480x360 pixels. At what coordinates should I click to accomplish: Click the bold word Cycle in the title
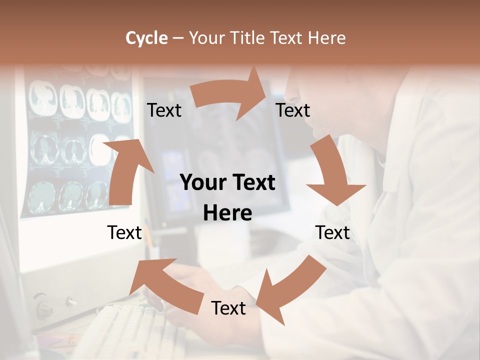click(146, 38)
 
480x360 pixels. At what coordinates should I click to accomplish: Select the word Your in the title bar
click(206, 38)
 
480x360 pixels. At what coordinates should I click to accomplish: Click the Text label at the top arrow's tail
click(164, 110)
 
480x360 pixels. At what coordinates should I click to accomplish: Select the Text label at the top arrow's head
click(293, 110)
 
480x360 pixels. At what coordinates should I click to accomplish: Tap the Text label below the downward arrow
click(332, 232)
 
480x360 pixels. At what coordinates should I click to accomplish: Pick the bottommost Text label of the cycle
click(228, 308)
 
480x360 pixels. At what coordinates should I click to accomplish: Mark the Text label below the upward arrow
click(124, 232)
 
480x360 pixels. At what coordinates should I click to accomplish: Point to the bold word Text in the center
click(253, 183)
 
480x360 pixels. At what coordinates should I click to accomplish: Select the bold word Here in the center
click(227, 213)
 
